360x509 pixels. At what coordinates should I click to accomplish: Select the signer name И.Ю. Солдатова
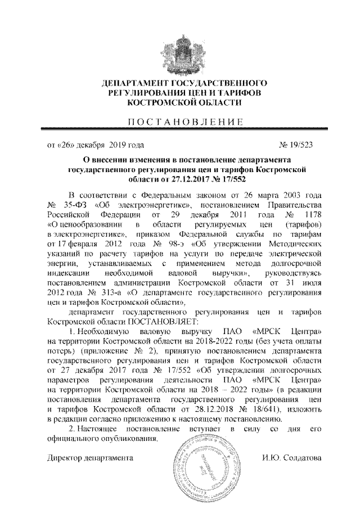pos(291,458)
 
